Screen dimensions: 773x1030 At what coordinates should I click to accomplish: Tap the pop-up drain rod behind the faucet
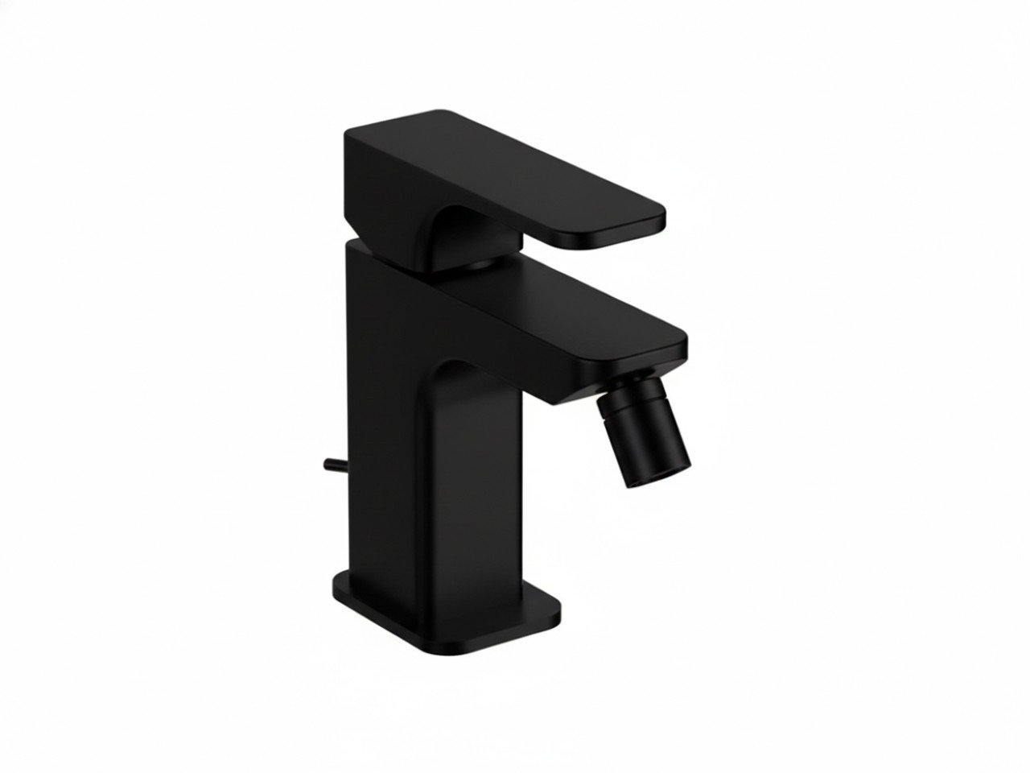point(334,465)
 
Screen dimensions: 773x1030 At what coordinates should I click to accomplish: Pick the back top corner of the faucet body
point(354,246)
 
